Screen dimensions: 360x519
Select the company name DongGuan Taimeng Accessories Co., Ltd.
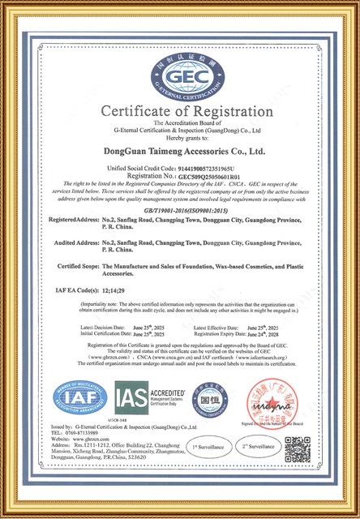point(180,150)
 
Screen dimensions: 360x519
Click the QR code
point(297,448)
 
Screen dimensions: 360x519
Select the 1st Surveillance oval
point(209,446)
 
